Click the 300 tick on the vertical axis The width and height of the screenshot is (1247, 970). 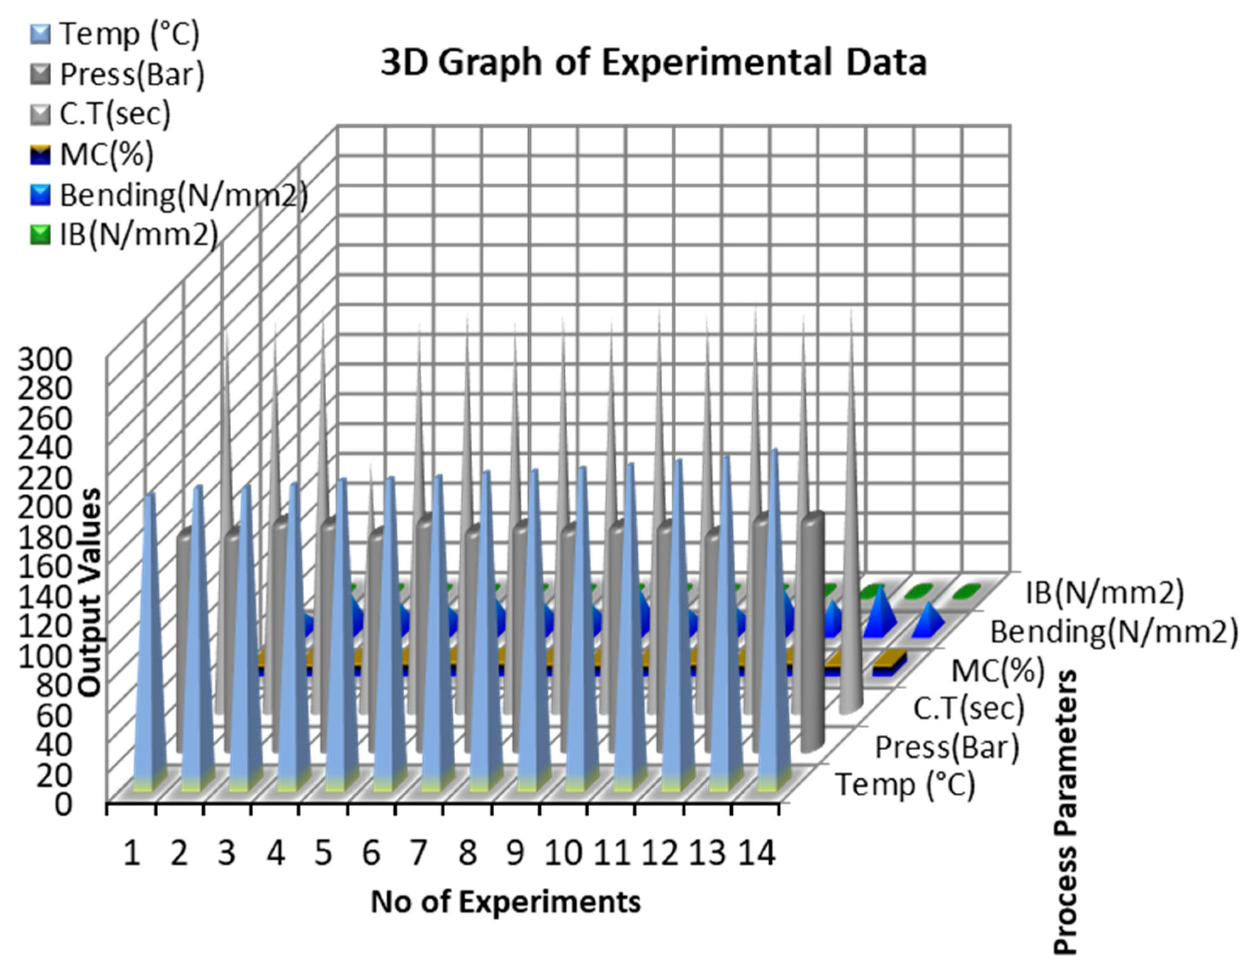[x=46, y=361]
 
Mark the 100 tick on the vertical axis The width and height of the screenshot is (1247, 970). [x=46, y=657]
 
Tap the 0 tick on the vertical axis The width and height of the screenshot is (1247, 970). [x=62, y=805]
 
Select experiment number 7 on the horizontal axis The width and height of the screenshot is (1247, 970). [x=419, y=855]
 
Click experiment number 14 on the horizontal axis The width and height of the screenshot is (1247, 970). [x=757, y=855]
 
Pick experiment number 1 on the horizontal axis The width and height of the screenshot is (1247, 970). [x=132, y=855]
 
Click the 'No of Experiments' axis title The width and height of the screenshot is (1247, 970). [x=506, y=903]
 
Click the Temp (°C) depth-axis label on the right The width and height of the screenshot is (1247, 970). [x=905, y=785]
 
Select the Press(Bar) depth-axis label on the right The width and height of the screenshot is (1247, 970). [x=947, y=747]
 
